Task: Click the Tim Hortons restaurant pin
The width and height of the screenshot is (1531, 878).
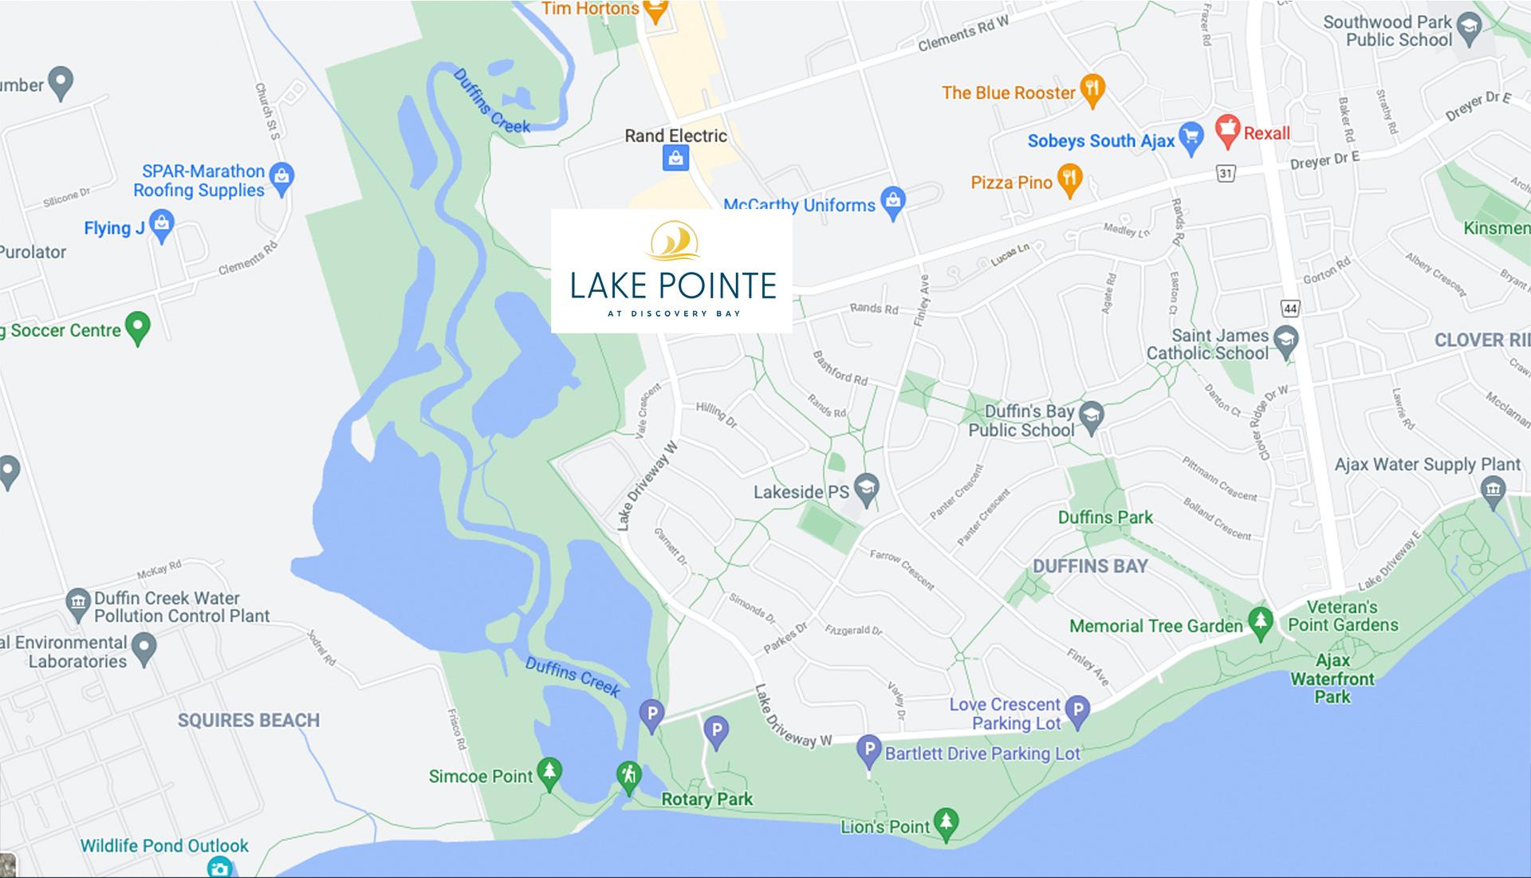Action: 655,10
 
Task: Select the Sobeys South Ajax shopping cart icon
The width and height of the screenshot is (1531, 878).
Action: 1191,138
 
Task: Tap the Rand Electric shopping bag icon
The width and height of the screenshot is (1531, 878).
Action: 675,158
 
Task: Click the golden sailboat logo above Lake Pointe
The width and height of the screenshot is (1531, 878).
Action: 674,242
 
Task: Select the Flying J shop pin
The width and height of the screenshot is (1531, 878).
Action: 162,226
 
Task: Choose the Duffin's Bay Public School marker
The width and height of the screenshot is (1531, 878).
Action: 1091,415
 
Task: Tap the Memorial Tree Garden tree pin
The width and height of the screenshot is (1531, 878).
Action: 1260,622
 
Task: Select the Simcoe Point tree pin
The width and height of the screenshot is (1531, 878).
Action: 549,772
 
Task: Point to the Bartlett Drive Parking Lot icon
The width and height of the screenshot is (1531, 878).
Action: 868,750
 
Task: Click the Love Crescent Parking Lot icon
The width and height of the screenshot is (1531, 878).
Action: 1078,711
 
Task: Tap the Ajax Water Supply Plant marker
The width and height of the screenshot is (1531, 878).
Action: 1494,489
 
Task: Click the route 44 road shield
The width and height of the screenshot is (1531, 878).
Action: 1289,308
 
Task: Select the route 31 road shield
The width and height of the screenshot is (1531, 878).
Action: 1226,172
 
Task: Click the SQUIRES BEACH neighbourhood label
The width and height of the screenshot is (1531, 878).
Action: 249,720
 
